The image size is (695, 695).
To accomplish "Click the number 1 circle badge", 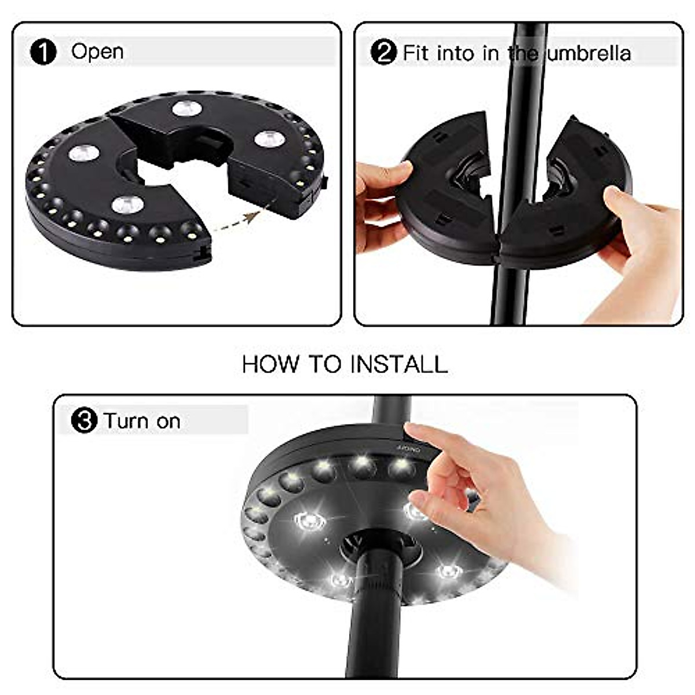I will pyautogui.click(x=43, y=52).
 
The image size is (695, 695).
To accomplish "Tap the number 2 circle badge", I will pyautogui.click(x=383, y=53).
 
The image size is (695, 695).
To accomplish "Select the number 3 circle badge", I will pyautogui.click(x=84, y=420).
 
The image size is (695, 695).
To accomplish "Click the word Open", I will pyautogui.click(x=97, y=52).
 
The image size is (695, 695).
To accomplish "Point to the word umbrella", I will pyautogui.click(x=589, y=53).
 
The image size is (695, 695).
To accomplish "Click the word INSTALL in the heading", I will pyautogui.click(x=399, y=364).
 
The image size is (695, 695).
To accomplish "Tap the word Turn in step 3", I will pyautogui.click(x=127, y=421).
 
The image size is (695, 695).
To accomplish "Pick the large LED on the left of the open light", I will pyautogui.click(x=84, y=152).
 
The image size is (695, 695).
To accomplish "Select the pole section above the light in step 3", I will pyautogui.click(x=392, y=409).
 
